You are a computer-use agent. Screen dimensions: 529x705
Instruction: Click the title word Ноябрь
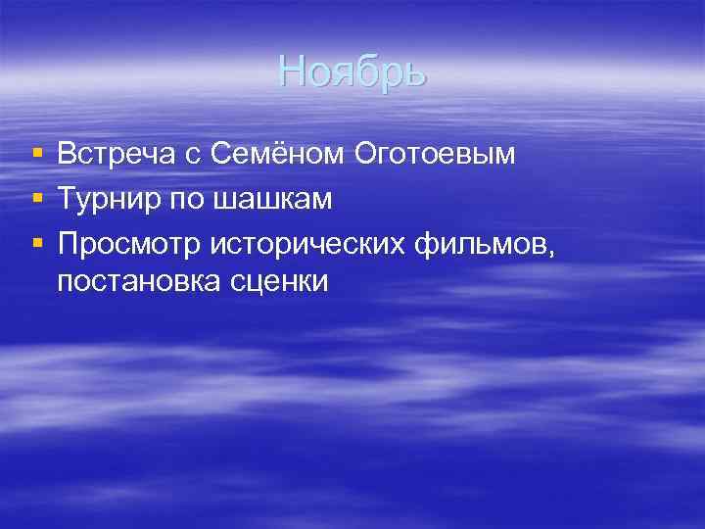(352, 72)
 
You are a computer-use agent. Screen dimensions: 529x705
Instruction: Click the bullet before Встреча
(37, 155)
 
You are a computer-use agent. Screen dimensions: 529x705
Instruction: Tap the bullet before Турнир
(37, 200)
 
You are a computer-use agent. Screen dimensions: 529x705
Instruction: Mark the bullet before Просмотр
(37, 245)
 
